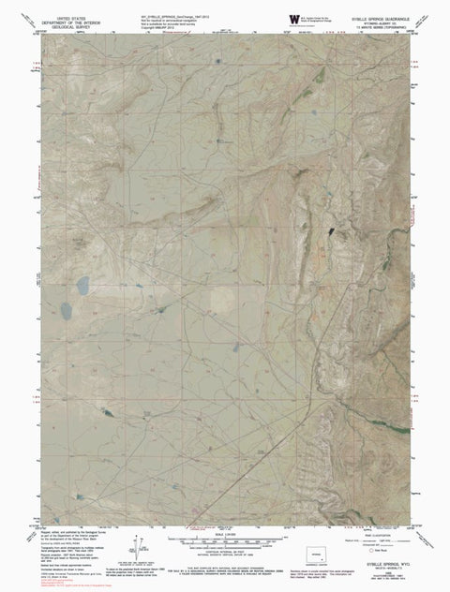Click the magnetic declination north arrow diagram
point(139,548)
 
